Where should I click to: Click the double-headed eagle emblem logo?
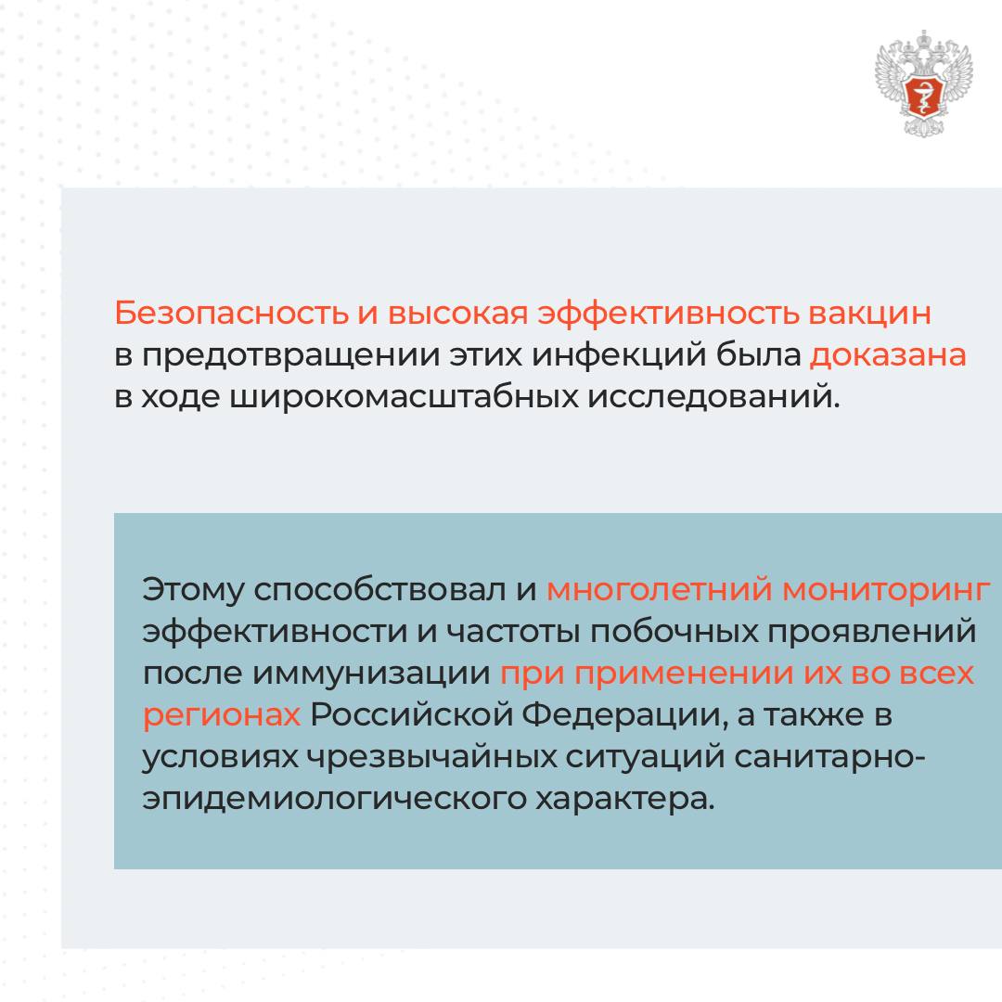click(x=923, y=83)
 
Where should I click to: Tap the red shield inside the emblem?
click(x=923, y=96)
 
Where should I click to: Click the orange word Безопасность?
click(x=231, y=314)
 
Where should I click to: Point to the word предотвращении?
click(x=290, y=356)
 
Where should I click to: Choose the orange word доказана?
click(x=888, y=356)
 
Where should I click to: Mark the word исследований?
click(x=713, y=397)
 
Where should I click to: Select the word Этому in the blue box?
click(x=193, y=589)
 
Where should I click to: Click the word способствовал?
click(x=379, y=589)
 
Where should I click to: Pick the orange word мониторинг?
click(x=886, y=589)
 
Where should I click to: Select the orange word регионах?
click(x=222, y=715)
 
